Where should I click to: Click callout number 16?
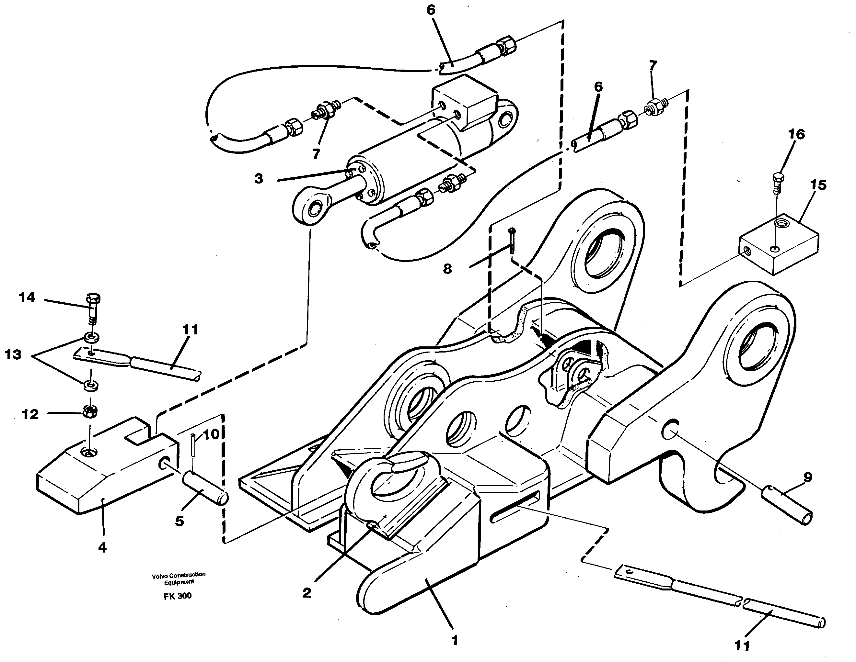click(796, 134)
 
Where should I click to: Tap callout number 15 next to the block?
click(818, 185)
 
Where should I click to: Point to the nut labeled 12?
click(90, 410)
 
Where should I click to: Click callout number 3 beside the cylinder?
click(259, 179)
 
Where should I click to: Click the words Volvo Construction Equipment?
click(179, 578)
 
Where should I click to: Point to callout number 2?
click(307, 593)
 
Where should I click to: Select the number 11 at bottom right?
click(742, 645)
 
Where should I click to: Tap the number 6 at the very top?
click(431, 10)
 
